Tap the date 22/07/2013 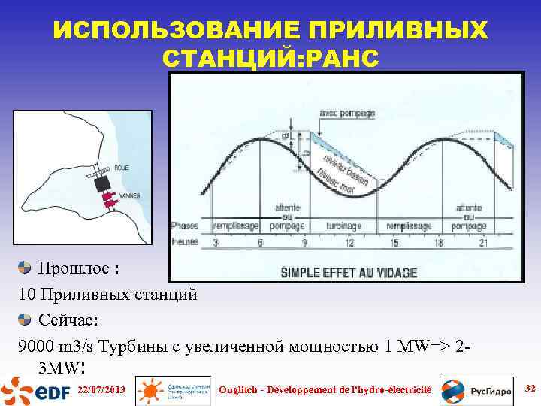tap(101, 389)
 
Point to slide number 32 tap(529, 388)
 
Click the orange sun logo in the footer tap(151, 390)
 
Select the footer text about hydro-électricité tap(324, 389)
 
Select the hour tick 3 tap(216, 242)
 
